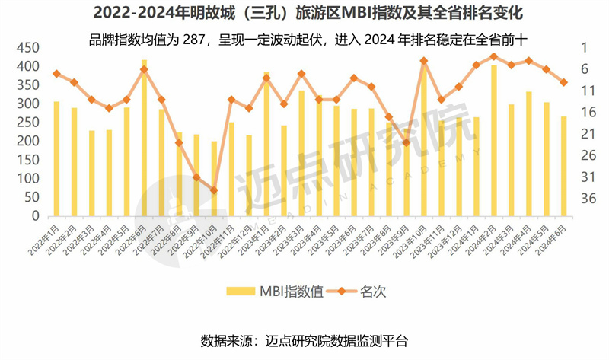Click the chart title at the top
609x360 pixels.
[304, 14]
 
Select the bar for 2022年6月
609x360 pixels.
[145, 137]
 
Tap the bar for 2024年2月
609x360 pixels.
[494, 141]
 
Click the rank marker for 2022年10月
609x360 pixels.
[214, 190]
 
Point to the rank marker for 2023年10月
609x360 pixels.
[424, 61]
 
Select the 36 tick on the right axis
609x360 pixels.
[586, 198]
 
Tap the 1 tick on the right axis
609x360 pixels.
[586, 47]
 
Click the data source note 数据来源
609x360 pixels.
[304, 339]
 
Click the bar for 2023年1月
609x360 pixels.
[266, 145]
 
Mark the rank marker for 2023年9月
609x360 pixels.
[407, 142]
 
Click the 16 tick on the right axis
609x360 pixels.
[586, 112]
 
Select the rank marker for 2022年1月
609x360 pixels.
[56, 73]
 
